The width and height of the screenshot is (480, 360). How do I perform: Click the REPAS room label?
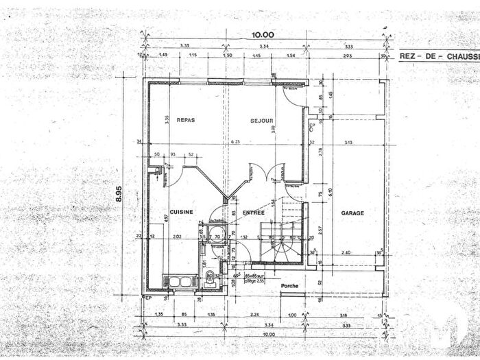point(185,120)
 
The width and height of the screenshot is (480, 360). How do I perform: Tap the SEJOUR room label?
point(261,120)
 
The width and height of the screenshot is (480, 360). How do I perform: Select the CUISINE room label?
point(181,213)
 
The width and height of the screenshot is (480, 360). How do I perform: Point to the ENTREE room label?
point(243,213)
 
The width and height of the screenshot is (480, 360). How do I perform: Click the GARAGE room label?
point(352,213)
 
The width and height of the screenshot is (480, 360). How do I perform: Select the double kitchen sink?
point(180,281)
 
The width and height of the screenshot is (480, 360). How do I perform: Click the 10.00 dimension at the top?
point(263,35)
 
